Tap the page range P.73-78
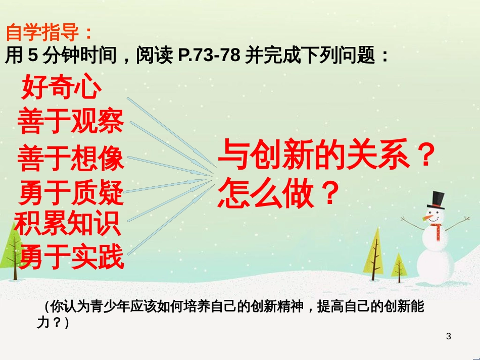tap(209, 55)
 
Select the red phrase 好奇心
tap(61, 86)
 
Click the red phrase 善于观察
tap(71, 121)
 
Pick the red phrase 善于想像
tap(71, 158)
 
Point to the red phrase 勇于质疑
tap(71, 192)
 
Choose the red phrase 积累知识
tap(67, 223)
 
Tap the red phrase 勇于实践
tap(72, 256)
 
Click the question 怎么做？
tap(278, 194)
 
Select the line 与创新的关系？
tap(327, 154)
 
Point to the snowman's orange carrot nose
tap(427, 218)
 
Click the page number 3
tap(449, 336)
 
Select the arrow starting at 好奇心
tap(172, 132)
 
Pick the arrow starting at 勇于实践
tap(170, 220)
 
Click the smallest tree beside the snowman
tap(399, 268)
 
